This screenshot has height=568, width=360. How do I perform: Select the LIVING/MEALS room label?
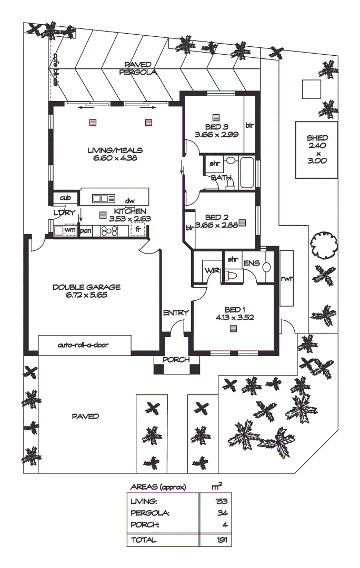click(115, 150)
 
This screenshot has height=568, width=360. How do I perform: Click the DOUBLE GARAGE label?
click(86, 287)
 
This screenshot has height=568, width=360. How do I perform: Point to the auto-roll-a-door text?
click(85, 346)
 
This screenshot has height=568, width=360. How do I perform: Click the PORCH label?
click(175, 360)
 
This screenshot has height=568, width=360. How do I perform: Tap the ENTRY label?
click(175, 312)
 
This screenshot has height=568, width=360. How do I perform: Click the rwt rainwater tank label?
click(286, 278)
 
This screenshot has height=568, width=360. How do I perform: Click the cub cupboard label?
click(65, 198)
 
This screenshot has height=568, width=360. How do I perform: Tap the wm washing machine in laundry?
click(69, 230)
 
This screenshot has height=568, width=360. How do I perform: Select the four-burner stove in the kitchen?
click(109, 230)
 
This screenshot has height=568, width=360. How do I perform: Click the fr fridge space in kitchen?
click(138, 230)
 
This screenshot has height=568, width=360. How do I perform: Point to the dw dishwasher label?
click(129, 200)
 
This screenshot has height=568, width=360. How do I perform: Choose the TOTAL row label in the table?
click(144, 540)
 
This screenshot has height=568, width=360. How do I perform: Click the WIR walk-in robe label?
click(212, 270)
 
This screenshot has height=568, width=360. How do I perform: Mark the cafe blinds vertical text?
click(55, 71)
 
